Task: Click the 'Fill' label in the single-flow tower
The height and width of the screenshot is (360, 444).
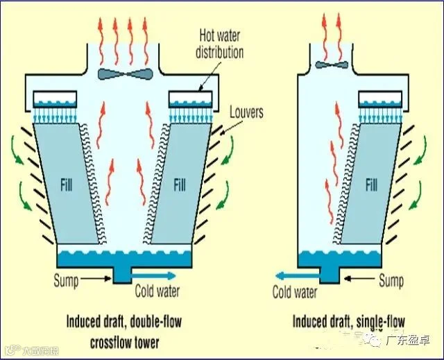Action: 373,185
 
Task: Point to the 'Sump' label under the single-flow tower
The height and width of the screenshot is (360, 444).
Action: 391,281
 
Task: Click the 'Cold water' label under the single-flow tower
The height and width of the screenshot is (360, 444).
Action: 296,292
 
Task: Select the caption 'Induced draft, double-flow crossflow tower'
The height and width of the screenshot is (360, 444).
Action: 123,332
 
